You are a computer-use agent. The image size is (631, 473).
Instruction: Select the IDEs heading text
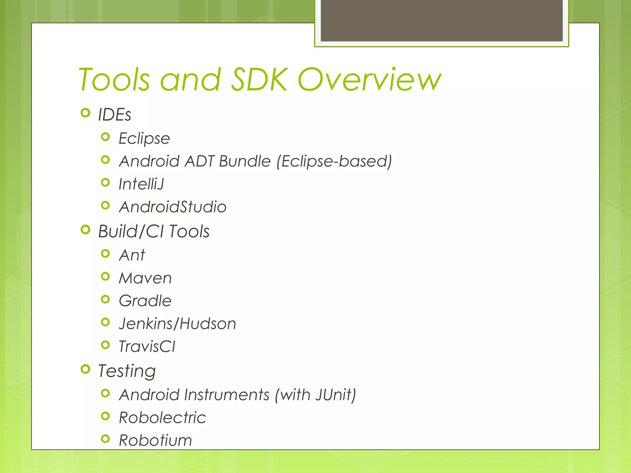pos(115,115)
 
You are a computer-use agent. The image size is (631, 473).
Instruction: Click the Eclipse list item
pos(144,138)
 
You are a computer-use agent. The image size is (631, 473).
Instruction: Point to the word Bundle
pos(245,161)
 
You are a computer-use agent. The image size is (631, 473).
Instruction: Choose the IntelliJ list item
pos(141,184)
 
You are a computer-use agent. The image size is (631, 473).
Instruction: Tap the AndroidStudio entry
pos(173,207)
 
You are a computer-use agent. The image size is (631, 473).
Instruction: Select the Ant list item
pos(132,255)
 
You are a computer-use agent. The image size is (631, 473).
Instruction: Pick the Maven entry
pos(145,278)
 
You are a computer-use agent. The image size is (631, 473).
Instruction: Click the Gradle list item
pos(145,301)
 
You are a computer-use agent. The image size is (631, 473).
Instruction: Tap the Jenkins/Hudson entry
pos(177,324)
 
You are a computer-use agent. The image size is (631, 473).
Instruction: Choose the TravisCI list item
pos(147,346)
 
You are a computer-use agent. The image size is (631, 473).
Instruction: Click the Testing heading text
pos(127,371)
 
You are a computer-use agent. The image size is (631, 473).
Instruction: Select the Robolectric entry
pos(162,418)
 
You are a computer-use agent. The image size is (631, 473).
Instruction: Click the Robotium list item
pos(155,440)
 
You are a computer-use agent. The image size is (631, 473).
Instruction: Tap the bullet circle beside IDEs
pos(85,113)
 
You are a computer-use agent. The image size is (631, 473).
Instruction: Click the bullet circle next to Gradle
pos(105,299)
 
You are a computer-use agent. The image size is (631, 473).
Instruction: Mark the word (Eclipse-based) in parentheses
pos(334,161)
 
